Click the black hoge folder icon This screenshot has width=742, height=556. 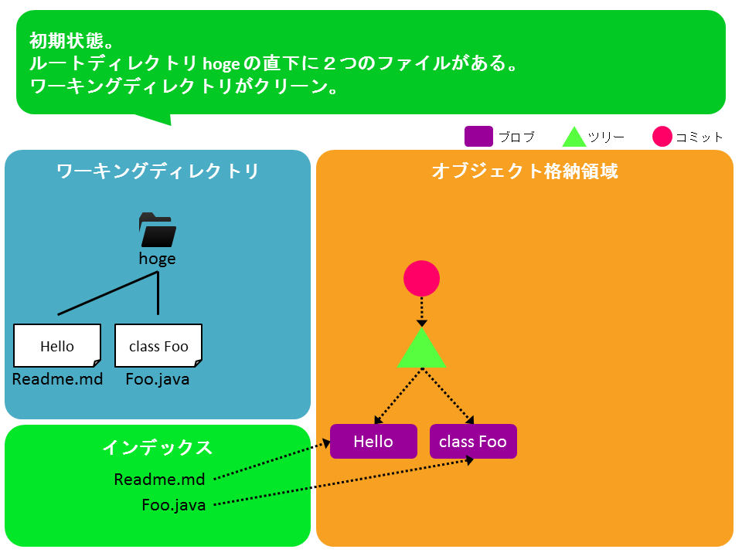pos(158,230)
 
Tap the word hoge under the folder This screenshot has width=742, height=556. pos(157,259)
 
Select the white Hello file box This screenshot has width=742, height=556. pos(57,346)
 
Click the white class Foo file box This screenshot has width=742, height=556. pos(158,346)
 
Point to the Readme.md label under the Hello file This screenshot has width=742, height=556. pos(57,379)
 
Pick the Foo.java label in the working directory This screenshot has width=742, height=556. pos(158,379)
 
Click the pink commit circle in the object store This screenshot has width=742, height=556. pos(422,279)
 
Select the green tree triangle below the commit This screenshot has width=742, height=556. pos(422,348)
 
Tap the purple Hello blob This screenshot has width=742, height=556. pos(373,442)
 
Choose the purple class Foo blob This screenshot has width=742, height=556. pos(473,442)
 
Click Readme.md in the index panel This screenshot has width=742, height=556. pos(159,480)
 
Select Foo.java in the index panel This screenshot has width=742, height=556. pos(174,505)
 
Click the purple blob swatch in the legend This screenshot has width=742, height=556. pos(478,137)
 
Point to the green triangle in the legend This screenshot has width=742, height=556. pos(574,137)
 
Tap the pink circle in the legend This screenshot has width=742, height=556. pos(662,137)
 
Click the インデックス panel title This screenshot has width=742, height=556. pos(158,447)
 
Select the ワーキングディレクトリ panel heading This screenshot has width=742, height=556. pos(158,171)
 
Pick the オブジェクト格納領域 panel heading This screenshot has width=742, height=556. pos(525,171)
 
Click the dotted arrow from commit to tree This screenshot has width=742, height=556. pos(422,312)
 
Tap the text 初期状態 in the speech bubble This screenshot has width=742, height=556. pos(66,41)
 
